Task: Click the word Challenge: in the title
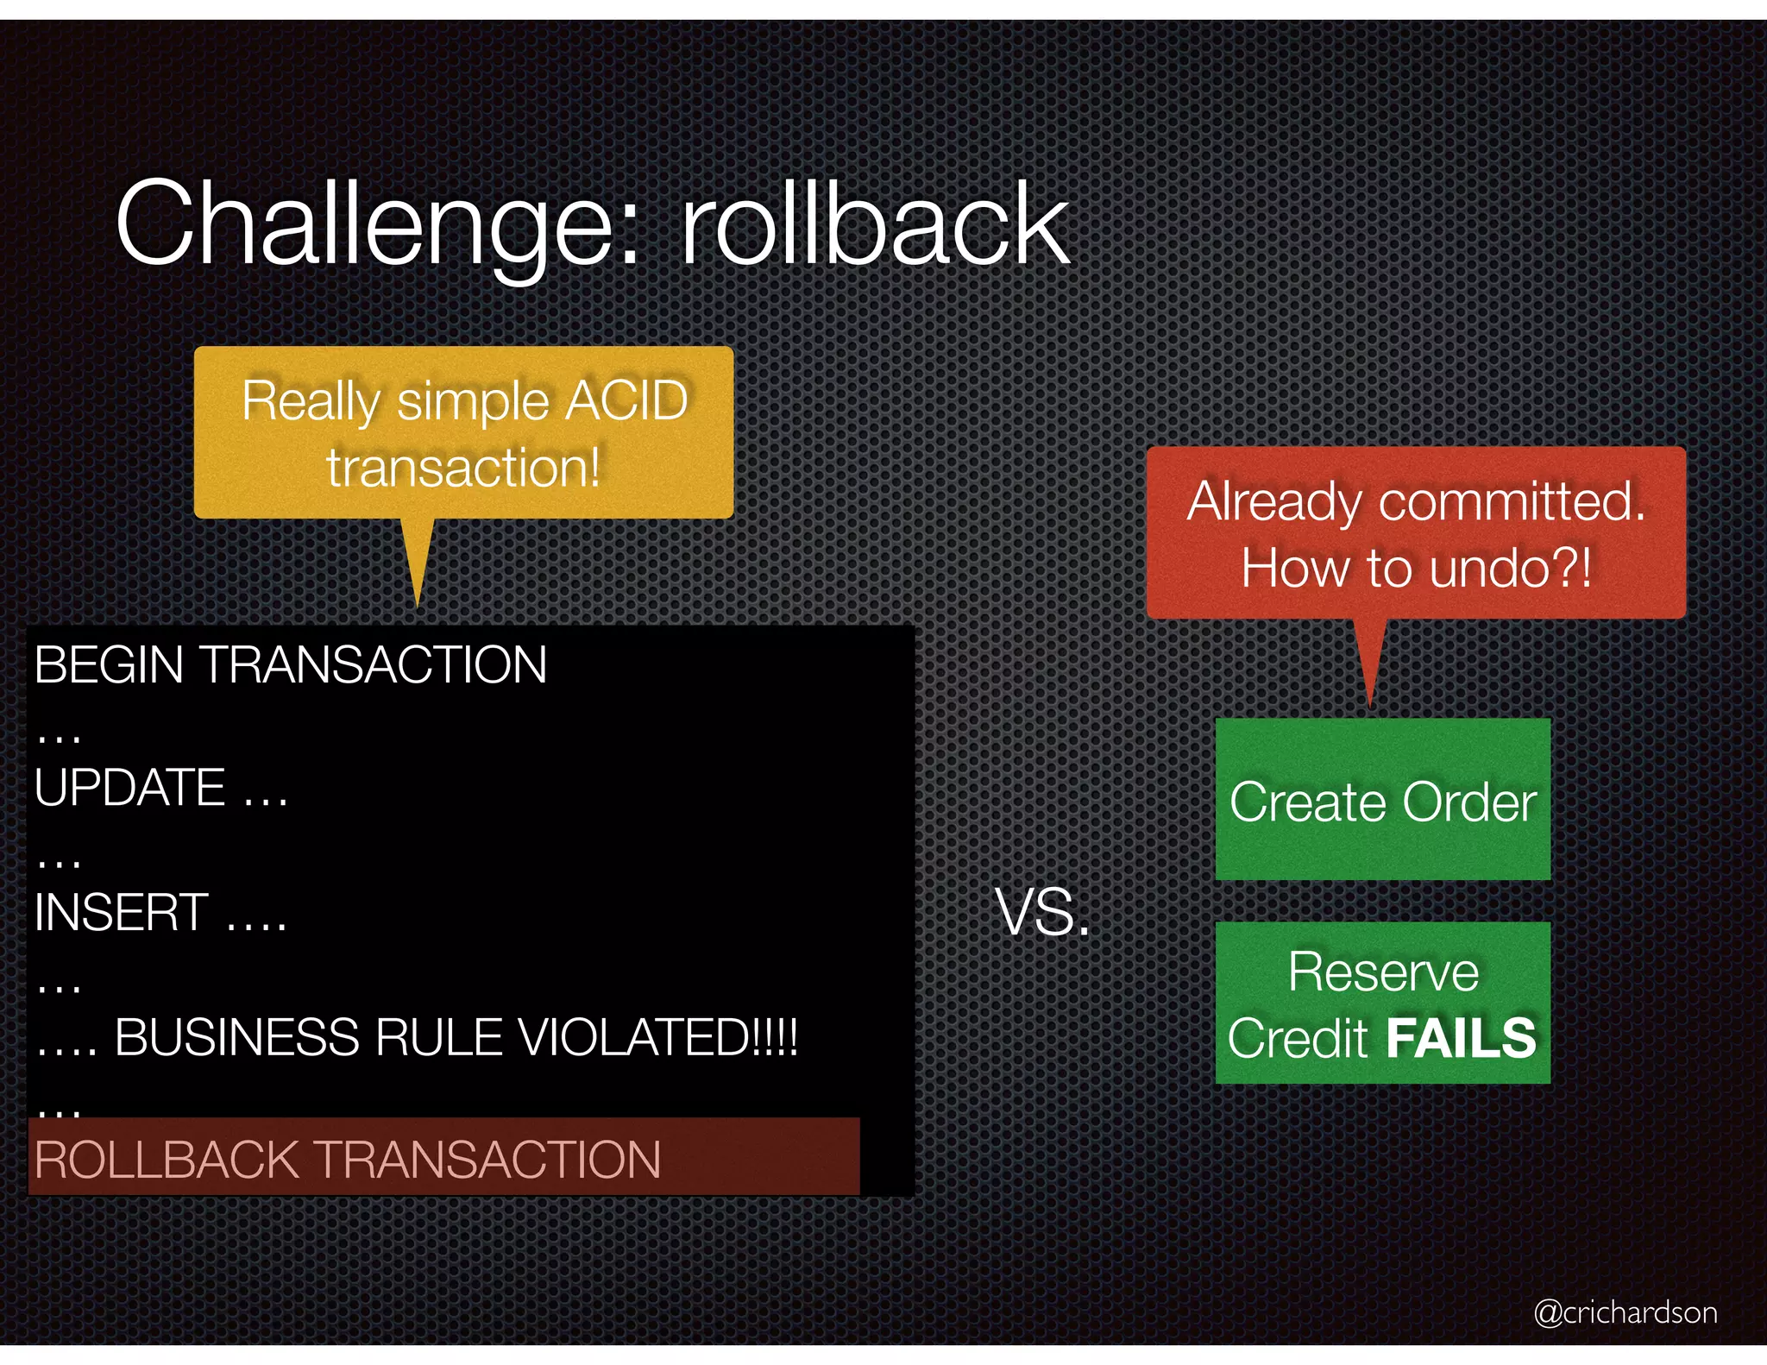point(380,224)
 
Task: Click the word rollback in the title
point(875,224)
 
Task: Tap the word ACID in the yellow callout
point(627,400)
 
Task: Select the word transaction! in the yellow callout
point(463,468)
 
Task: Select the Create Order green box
point(1382,800)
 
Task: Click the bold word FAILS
point(1461,1038)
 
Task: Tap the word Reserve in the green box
point(1383,972)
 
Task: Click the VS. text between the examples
point(1043,913)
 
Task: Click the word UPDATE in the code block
point(129,788)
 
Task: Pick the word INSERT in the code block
point(121,913)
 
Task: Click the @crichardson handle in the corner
point(1625,1312)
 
